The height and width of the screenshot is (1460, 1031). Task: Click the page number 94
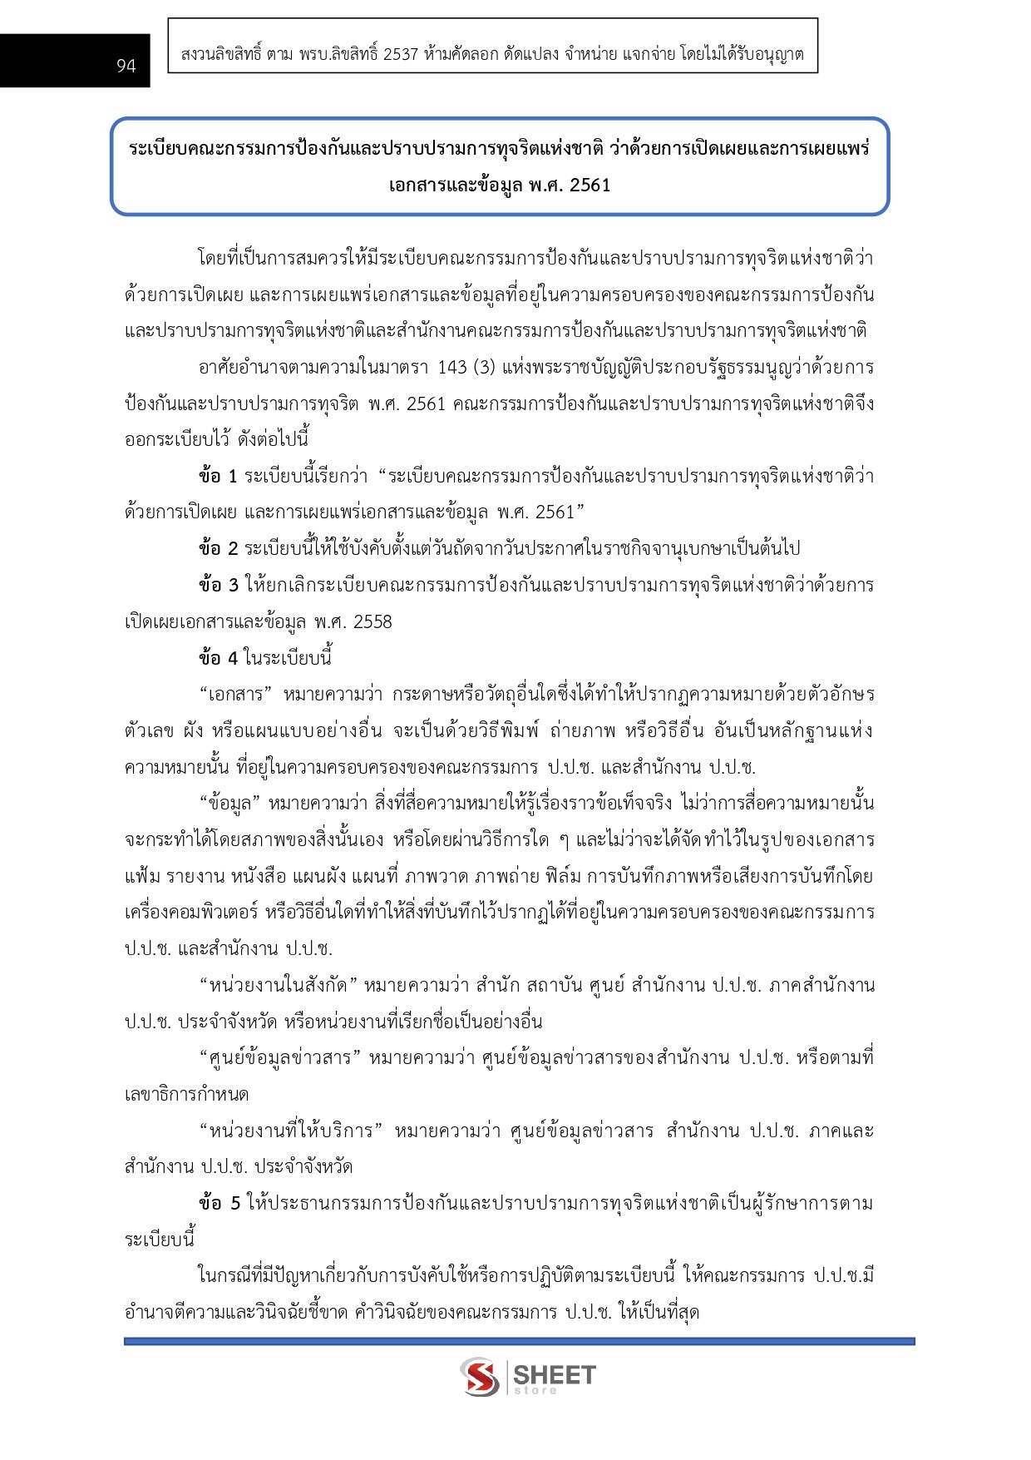126,66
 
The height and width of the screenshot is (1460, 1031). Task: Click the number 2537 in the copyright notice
401,55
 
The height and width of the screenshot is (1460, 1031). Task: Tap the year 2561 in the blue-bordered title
589,185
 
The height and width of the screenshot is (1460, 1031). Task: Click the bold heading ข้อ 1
218,477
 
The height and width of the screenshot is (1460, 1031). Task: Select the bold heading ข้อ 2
218,549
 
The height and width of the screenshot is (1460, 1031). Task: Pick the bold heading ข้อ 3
218,586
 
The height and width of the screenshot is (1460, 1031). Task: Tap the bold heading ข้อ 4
218,658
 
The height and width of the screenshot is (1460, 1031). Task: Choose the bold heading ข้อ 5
220,1204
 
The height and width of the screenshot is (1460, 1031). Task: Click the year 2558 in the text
372,622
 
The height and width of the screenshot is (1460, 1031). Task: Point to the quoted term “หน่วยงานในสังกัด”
279,986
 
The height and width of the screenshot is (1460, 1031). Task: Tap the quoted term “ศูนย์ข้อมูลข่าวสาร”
280,1058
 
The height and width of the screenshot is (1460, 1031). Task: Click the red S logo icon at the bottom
480,1377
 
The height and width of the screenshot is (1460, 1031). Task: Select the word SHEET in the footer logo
554,1374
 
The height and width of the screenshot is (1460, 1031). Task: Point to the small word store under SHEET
535,1391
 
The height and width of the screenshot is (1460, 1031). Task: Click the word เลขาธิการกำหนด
186,1095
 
